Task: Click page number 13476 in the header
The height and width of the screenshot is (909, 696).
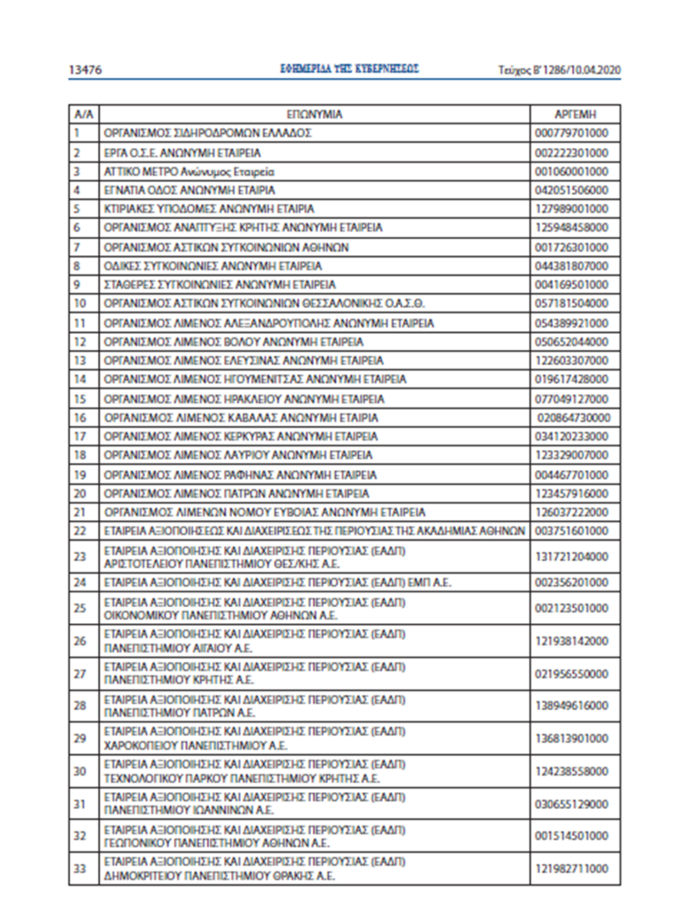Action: [86, 70]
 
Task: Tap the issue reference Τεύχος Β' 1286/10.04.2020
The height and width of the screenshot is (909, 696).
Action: [559, 70]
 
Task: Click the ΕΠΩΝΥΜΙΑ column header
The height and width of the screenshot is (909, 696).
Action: [314, 114]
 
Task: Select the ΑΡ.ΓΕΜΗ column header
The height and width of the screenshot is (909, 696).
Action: [575, 114]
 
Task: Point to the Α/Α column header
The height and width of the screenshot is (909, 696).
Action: [83, 114]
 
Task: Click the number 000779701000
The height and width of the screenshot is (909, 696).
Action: [571, 133]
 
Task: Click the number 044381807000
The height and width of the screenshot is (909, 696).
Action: [571, 266]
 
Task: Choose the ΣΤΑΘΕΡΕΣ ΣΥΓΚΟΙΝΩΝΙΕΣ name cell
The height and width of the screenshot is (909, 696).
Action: [219, 284]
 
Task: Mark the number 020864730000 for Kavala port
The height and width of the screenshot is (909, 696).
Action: [574, 418]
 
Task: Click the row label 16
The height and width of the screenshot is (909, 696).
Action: [80, 418]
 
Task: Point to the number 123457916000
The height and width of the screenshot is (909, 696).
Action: [571, 494]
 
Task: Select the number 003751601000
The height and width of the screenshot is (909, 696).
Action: [571, 531]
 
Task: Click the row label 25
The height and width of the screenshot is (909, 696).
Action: [80, 608]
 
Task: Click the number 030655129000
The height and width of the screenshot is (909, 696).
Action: [571, 804]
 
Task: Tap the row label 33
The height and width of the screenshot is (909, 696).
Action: [80, 868]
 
